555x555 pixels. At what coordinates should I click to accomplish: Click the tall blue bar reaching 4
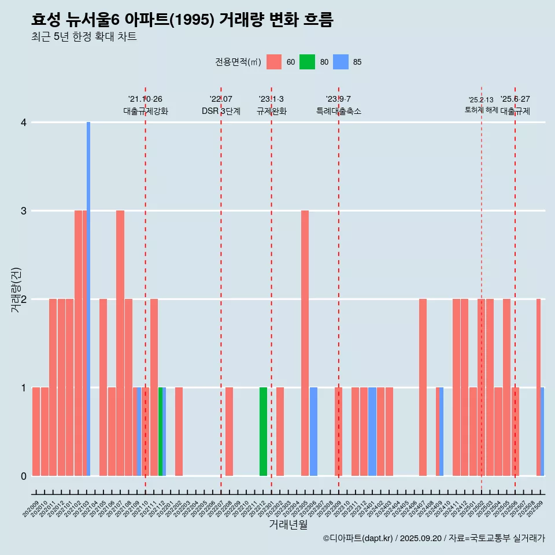88,298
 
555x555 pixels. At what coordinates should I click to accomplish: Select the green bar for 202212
263,431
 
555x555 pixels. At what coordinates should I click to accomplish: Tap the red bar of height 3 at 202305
305,343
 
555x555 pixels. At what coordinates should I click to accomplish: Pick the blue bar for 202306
313,431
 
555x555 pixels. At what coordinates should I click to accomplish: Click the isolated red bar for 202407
423,387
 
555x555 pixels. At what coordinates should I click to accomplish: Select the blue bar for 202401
372,431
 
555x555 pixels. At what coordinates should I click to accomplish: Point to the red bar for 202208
230,431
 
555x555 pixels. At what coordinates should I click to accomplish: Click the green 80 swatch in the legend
307,62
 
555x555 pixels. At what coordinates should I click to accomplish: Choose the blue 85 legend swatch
341,62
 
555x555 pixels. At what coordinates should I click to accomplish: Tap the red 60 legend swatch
274,62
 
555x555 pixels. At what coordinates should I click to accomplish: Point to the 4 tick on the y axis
24,123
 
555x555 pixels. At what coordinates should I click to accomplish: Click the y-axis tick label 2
24,299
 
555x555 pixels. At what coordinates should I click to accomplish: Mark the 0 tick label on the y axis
24,476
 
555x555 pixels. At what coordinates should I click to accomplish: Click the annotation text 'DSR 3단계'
221,111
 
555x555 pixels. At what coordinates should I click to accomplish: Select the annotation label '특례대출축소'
339,111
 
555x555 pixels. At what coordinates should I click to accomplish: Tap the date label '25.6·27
515,99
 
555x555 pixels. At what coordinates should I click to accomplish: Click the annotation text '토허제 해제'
481,110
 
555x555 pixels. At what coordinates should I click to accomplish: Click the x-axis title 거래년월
288,524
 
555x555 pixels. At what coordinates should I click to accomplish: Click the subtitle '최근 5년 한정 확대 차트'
84,37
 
